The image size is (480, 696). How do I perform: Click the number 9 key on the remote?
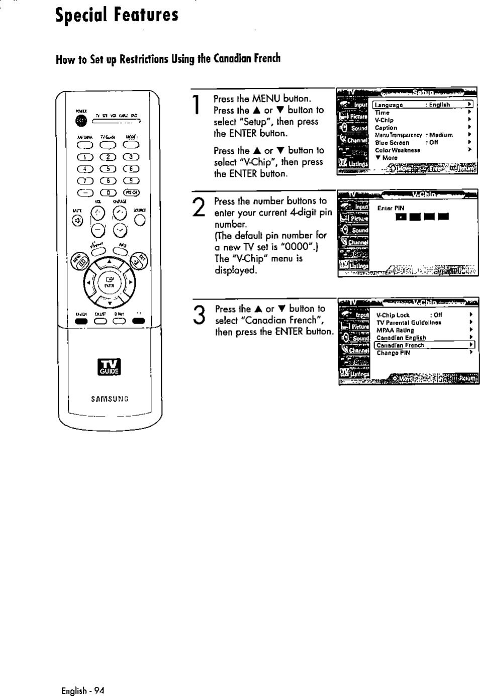click(132, 180)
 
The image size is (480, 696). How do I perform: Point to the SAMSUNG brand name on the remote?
click(110, 399)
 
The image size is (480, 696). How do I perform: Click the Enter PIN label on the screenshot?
click(391, 208)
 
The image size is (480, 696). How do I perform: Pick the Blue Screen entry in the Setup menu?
click(392, 143)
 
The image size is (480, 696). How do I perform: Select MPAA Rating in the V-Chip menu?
click(395, 330)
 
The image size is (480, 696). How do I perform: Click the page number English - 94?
click(82, 690)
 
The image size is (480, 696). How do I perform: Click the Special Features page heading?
click(117, 15)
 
